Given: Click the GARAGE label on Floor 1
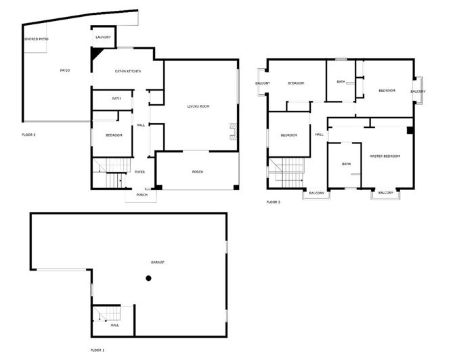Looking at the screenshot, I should (x=157, y=262).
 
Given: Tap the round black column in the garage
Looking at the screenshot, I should (x=148, y=278).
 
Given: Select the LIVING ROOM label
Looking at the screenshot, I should (x=198, y=106).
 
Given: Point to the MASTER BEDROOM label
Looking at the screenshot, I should (x=385, y=156).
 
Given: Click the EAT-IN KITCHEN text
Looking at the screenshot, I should (x=127, y=71).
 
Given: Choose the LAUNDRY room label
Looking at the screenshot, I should (x=103, y=37).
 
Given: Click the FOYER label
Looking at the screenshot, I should (x=139, y=172).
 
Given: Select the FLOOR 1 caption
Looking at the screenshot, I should (x=97, y=350).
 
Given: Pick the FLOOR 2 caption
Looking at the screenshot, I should (x=29, y=135).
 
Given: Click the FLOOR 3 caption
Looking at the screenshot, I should (x=273, y=202).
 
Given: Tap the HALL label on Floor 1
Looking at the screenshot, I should (x=115, y=325).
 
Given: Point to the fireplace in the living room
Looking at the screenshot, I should (x=234, y=130).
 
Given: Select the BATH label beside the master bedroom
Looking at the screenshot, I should (x=346, y=164).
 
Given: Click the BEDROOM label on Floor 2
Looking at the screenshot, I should (x=114, y=135).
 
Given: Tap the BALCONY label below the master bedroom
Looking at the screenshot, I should (x=385, y=193).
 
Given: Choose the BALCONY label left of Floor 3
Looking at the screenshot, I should (x=263, y=83).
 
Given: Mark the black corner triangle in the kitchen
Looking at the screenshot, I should (x=95, y=54).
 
